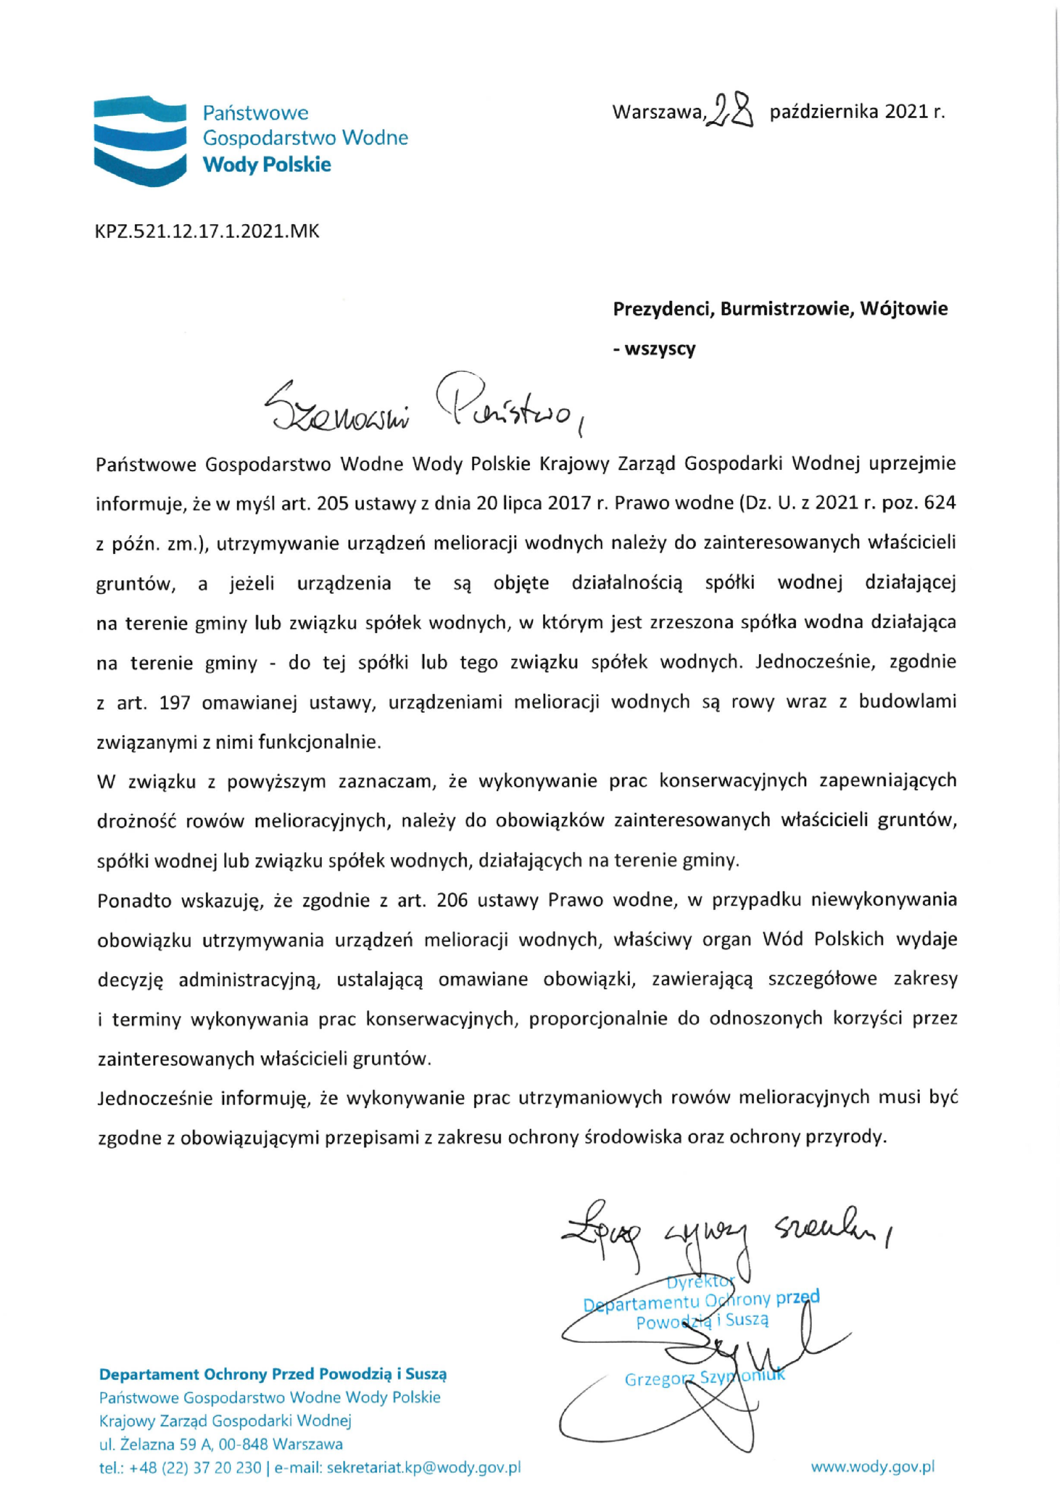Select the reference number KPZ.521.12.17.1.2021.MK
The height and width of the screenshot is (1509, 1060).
click(x=208, y=231)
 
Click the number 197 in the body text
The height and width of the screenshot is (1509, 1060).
click(x=175, y=702)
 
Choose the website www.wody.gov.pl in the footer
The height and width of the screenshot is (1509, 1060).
click(x=872, y=1466)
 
